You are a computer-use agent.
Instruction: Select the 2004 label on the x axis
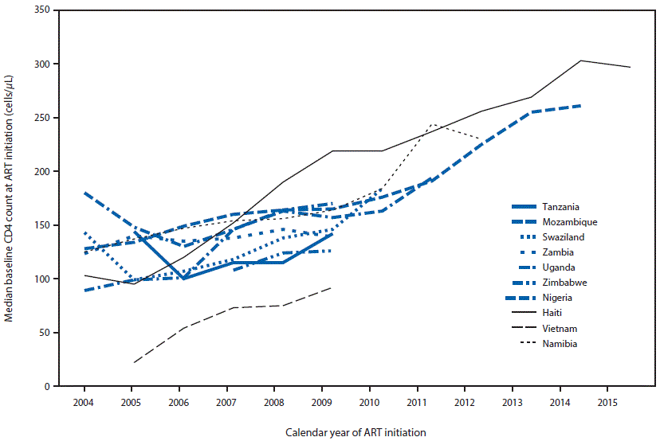[x=83, y=400]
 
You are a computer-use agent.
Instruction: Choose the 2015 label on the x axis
[x=607, y=400]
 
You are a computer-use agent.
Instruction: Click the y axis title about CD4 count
[x=11, y=198]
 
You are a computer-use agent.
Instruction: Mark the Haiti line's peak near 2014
[x=581, y=60]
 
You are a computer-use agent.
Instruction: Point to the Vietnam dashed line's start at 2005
[x=134, y=362]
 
